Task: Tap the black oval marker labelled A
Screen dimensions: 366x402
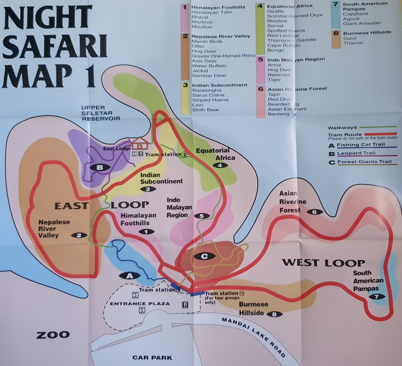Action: [129, 276]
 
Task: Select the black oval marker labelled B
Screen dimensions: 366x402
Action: [100, 167]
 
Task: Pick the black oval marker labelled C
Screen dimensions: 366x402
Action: [204, 256]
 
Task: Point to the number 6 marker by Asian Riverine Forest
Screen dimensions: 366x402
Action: [314, 212]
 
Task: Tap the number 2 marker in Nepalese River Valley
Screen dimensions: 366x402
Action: [79, 235]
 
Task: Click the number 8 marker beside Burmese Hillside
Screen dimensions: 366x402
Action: [274, 314]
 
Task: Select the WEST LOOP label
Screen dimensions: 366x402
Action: [323, 263]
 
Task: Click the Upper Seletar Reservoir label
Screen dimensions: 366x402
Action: [101, 113]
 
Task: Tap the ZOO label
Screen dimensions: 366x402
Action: [53, 335]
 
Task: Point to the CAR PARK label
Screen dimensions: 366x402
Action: [152, 357]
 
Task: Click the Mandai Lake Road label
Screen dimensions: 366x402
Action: [253, 337]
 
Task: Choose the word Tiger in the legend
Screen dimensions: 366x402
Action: [274, 80]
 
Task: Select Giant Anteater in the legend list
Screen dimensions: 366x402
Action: [362, 23]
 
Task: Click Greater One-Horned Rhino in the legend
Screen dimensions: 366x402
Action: [224, 56]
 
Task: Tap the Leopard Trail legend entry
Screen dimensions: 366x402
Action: [356, 153]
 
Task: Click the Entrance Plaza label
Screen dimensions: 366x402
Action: [140, 304]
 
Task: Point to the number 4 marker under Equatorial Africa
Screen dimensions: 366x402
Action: [220, 165]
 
